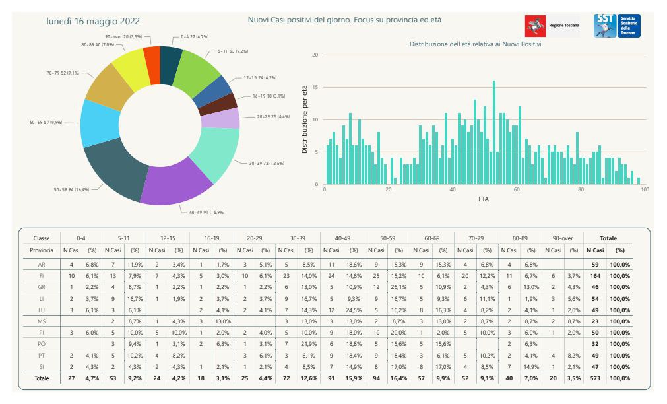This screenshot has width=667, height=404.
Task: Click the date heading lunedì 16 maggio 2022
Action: click(x=93, y=21)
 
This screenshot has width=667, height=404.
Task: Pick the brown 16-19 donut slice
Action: click(x=217, y=104)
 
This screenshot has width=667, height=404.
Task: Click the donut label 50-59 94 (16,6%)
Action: click(x=71, y=190)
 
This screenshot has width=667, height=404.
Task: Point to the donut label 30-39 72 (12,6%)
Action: click(x=267, y=164)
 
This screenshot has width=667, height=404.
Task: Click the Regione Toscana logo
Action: click(x=552, y=26)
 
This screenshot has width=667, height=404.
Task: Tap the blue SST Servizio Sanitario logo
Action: click(x=617, y=26)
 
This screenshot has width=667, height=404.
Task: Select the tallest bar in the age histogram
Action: click(x=494, y=133)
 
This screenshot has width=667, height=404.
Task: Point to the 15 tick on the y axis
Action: click(x=315, y=87)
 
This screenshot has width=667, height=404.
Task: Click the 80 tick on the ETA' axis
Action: click(x=581, y=189)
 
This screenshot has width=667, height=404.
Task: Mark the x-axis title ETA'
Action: click(x=484, y=199)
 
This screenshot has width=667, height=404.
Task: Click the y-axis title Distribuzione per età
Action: click(x=304, y=119)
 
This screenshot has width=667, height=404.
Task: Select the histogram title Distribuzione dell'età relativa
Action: click(x=475, y=44)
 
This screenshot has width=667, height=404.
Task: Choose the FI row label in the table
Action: click(x=42, y=276)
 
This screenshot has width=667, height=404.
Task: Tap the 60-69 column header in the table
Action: click(x=431, y=238)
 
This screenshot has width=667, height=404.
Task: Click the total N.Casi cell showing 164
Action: click(x=595, y=276)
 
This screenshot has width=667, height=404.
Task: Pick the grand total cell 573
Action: click(x=595, y=378)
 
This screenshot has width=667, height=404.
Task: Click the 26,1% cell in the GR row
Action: click(x=398, y=287)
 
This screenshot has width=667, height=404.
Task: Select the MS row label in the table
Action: click(x=42, y=321)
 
